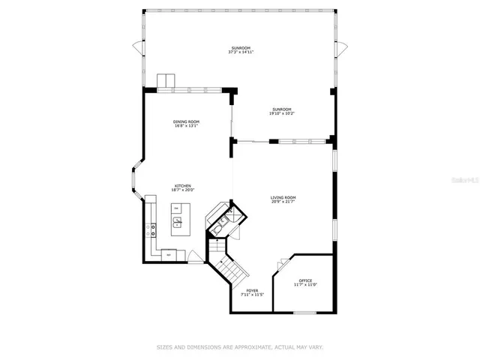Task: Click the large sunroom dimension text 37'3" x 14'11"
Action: (x=241, y=52)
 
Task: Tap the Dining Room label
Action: (x=186, y=121)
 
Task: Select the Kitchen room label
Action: (x=183, y=185)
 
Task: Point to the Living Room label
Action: (x=283, y=197)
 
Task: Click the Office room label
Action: (x=305, y=280)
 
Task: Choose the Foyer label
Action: (x=252, y=290)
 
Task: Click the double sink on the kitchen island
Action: (x=178, y=222)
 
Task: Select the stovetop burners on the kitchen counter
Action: (x=152, y=230)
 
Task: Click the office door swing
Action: (x=283, y=264)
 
